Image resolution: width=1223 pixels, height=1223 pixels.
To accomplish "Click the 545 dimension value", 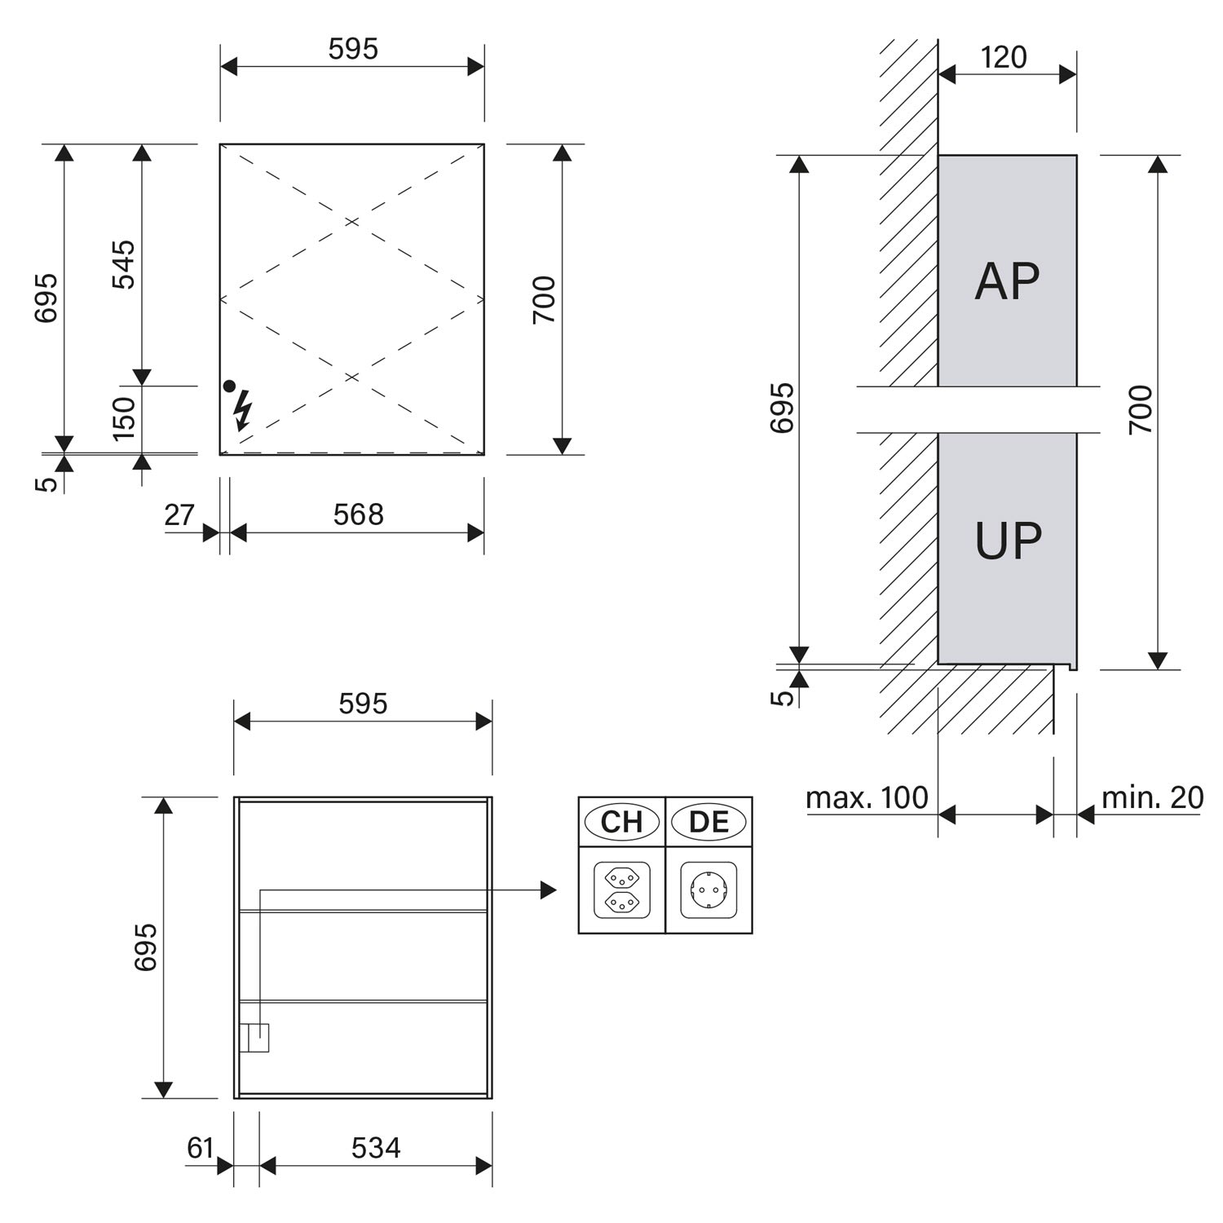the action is click(124, 264).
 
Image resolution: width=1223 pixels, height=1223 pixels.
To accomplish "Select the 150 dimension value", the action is click(124, 418).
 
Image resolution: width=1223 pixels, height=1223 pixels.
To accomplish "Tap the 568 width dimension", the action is click(358, 514).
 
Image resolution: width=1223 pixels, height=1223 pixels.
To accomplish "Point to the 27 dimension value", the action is click(179, 514).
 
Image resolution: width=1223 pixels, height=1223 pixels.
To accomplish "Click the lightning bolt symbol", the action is click(242, 410).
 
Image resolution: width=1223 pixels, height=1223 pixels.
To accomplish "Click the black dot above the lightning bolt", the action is click(229, 386).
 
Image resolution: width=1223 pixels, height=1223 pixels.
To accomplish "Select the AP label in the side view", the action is click(1007, 281).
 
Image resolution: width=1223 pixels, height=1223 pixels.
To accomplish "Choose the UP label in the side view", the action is click(1009, 541).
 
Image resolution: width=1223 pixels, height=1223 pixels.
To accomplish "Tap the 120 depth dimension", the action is click(1004, 57).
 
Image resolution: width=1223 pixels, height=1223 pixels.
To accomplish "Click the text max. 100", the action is click(867, 797).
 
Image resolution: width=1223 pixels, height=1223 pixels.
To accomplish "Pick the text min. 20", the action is click(1152, 797).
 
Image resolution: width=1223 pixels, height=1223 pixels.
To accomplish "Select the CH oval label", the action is click(622, 821).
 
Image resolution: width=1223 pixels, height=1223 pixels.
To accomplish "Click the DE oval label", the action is click(709, 821).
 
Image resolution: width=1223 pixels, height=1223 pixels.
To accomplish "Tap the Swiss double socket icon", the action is click(622, 890).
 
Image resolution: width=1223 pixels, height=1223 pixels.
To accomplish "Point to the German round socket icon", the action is click(709, 890).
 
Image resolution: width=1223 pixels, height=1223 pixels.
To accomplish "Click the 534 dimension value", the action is click(376, 1148).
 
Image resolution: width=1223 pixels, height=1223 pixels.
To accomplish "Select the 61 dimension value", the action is click(201, 1148).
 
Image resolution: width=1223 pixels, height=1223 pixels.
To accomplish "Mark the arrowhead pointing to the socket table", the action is click(549, 890).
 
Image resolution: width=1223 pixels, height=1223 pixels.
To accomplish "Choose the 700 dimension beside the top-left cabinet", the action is click(544, 299).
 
